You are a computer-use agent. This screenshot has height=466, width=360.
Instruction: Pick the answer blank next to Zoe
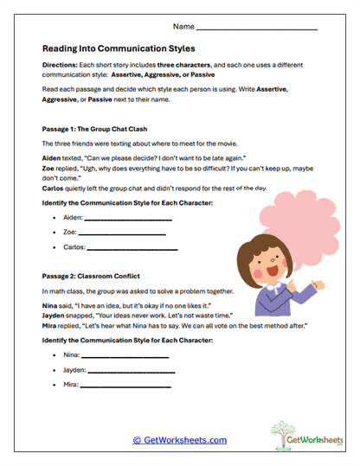pos(122,233)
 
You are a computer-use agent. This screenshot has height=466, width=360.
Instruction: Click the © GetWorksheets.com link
pos(180,440)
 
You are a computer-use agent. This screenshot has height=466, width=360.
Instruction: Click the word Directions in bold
pos(60,66)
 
